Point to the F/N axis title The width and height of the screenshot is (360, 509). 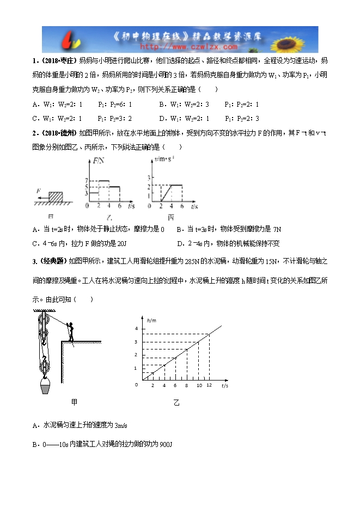100,161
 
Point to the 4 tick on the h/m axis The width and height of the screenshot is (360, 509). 136,329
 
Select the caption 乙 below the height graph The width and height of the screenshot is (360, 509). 176,403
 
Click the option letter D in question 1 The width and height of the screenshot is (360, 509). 162,118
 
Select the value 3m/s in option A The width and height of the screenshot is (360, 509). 123,425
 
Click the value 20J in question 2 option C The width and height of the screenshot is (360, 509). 121,243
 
